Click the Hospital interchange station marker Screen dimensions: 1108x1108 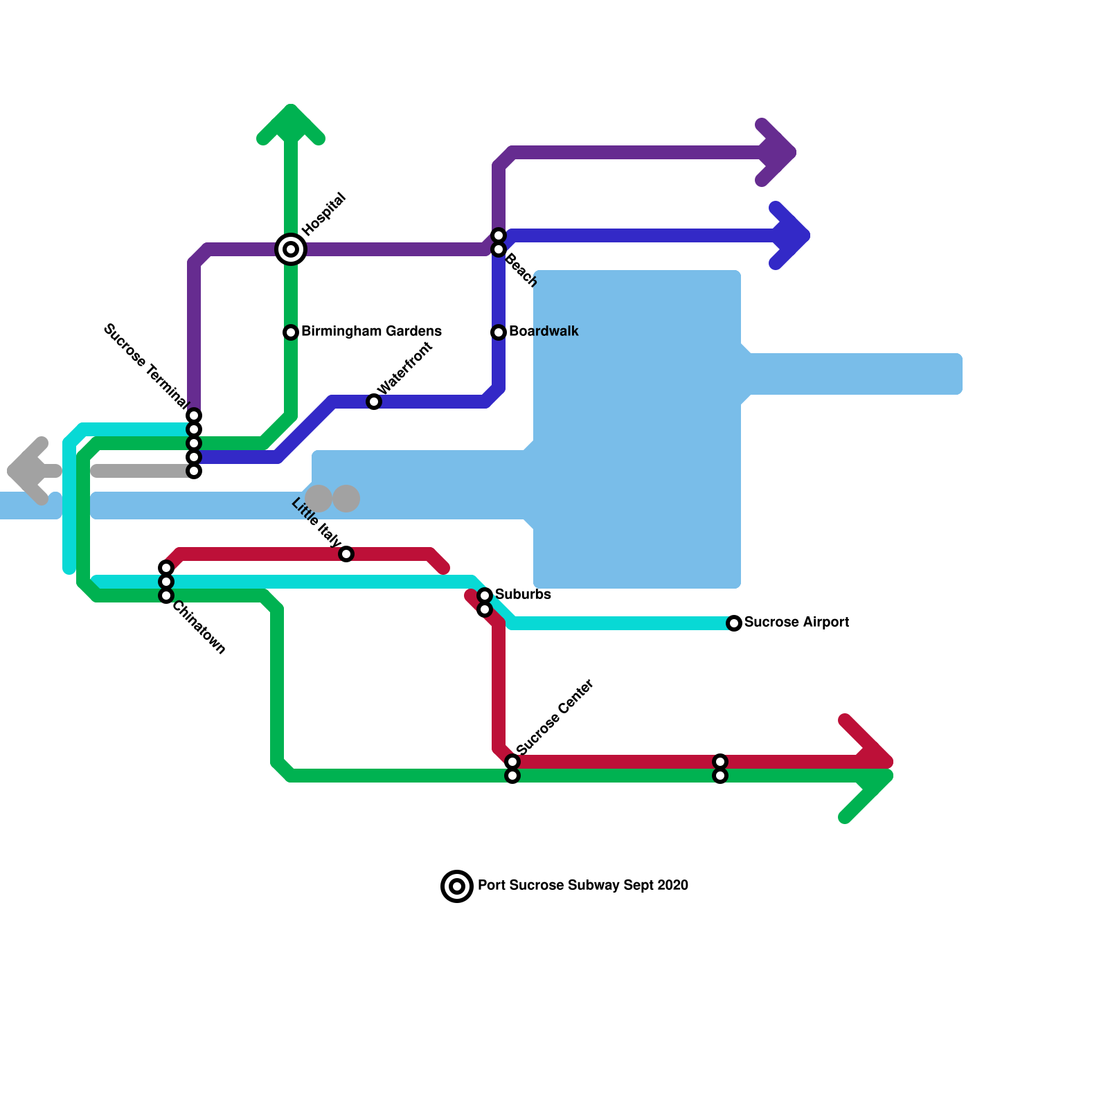click(x=291, y=249)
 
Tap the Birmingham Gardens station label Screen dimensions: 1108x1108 click(x=371, y=332)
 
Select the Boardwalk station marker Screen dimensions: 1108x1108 click(x=499, y=332)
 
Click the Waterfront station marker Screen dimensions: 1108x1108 click(x=374, y=402)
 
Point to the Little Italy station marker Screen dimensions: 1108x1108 click(x=346, y=554)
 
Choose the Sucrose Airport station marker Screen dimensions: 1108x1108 click(x=734, y=623)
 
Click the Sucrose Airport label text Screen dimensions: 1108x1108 click(x=796, y=623)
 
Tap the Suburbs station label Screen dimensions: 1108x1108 click(x=523, y=595)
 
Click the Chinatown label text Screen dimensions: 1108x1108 click(x=199, y=627)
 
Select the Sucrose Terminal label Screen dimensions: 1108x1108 click(x=145, y=366)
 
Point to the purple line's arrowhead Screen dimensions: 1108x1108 click(x=779, y=152)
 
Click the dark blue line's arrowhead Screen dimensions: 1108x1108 click(x=793, y=235)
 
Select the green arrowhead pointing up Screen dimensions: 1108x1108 click(x=291, y=121)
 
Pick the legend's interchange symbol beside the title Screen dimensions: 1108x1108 click(x=457, y=886)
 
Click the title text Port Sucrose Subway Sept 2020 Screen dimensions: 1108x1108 click(x=583, y=886)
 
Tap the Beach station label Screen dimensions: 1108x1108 click(x=521, y=271)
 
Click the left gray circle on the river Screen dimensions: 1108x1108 click(x=319, y=499)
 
